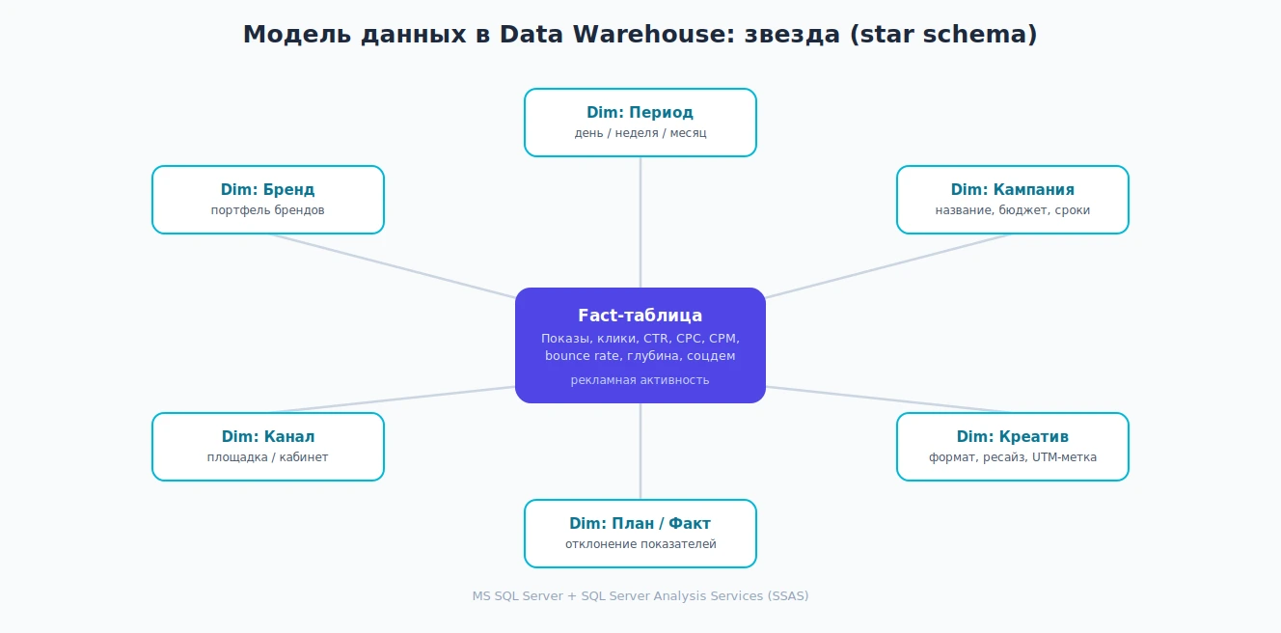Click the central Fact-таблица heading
[640, 316]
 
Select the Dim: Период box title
[640, 112]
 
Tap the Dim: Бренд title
[267, 189]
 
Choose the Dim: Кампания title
[1012, 189]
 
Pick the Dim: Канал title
[267, 436]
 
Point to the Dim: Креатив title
[1012, 436]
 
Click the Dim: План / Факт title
[640, 523]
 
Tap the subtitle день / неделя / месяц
[640, 132]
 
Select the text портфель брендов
[267, 209]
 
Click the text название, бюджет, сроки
[1012, 209]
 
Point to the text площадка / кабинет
[267, 456]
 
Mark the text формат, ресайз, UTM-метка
[1012, 456]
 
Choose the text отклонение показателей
[640, 544]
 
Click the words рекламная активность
[640, 379]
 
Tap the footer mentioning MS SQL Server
[640, 595]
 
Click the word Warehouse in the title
[653, 35]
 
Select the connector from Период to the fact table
[640, 222]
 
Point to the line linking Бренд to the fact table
[392, 266]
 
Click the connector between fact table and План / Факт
[640, 452]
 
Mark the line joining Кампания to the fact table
[888, 266]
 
